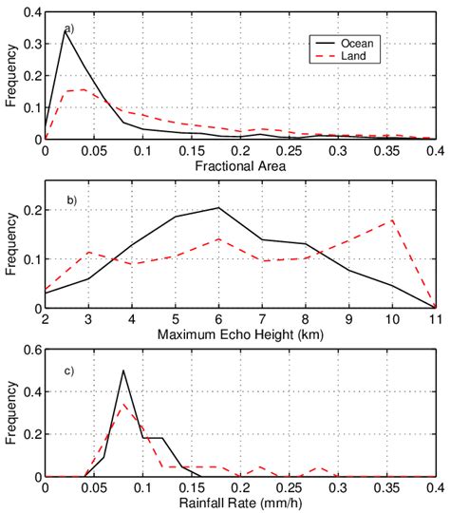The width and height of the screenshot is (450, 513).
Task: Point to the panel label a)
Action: click(x=69, y=28)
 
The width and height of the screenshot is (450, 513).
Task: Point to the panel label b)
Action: click(x=69, y=199)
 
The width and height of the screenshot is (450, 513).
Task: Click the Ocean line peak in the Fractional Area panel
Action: click(x=66, y=30)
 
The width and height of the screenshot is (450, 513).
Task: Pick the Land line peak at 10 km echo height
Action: click(x=391, y=220)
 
